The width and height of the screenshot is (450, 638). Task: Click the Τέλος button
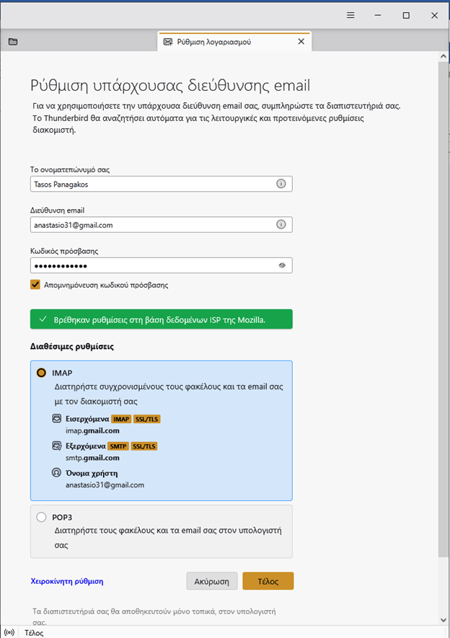(x=268, y=581)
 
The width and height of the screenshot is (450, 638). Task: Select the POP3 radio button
(x=41, y=517)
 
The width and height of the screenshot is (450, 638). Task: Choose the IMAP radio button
(x=41, y=373)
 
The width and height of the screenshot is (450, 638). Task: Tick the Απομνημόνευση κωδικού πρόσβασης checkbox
(x=35, y=285)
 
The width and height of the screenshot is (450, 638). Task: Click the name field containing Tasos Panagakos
(x=151, y=184)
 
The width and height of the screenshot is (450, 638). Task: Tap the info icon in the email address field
(x=281, y=225)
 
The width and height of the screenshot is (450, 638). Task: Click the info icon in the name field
(x=281, y=184)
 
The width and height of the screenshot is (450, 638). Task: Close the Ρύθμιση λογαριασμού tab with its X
(x=301, y=42)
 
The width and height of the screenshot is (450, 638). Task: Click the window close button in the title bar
(x=434, y=15)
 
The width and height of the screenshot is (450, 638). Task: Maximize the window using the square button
(x=406, y=15)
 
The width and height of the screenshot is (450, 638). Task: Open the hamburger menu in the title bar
(x=350, y=15)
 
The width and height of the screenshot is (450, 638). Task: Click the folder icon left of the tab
(x=13, y=42)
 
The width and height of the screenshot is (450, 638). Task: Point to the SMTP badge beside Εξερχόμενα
(x=117, y=446)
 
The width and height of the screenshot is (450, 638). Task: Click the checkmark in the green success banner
(x=43, y=319)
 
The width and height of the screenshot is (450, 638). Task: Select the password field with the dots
(x=151, y=266)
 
